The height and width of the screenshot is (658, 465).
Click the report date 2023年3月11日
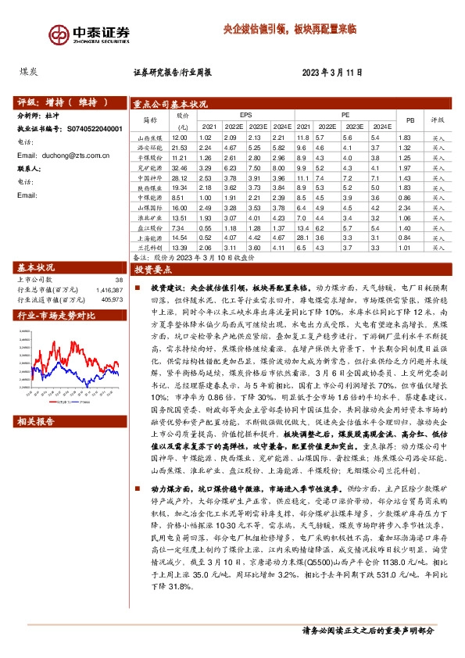click(x=332, y=73)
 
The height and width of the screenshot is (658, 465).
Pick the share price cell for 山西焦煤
click(x=181, y=138)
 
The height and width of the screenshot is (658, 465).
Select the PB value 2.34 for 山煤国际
click(x=404, y=209)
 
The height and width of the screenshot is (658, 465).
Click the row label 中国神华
click(x=149, y=178)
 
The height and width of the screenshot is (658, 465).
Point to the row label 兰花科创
click(x=149, y=248)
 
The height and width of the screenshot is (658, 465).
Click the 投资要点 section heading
click(x=153, y=269)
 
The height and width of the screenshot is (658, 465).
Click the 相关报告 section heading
click(x=36, y=421)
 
